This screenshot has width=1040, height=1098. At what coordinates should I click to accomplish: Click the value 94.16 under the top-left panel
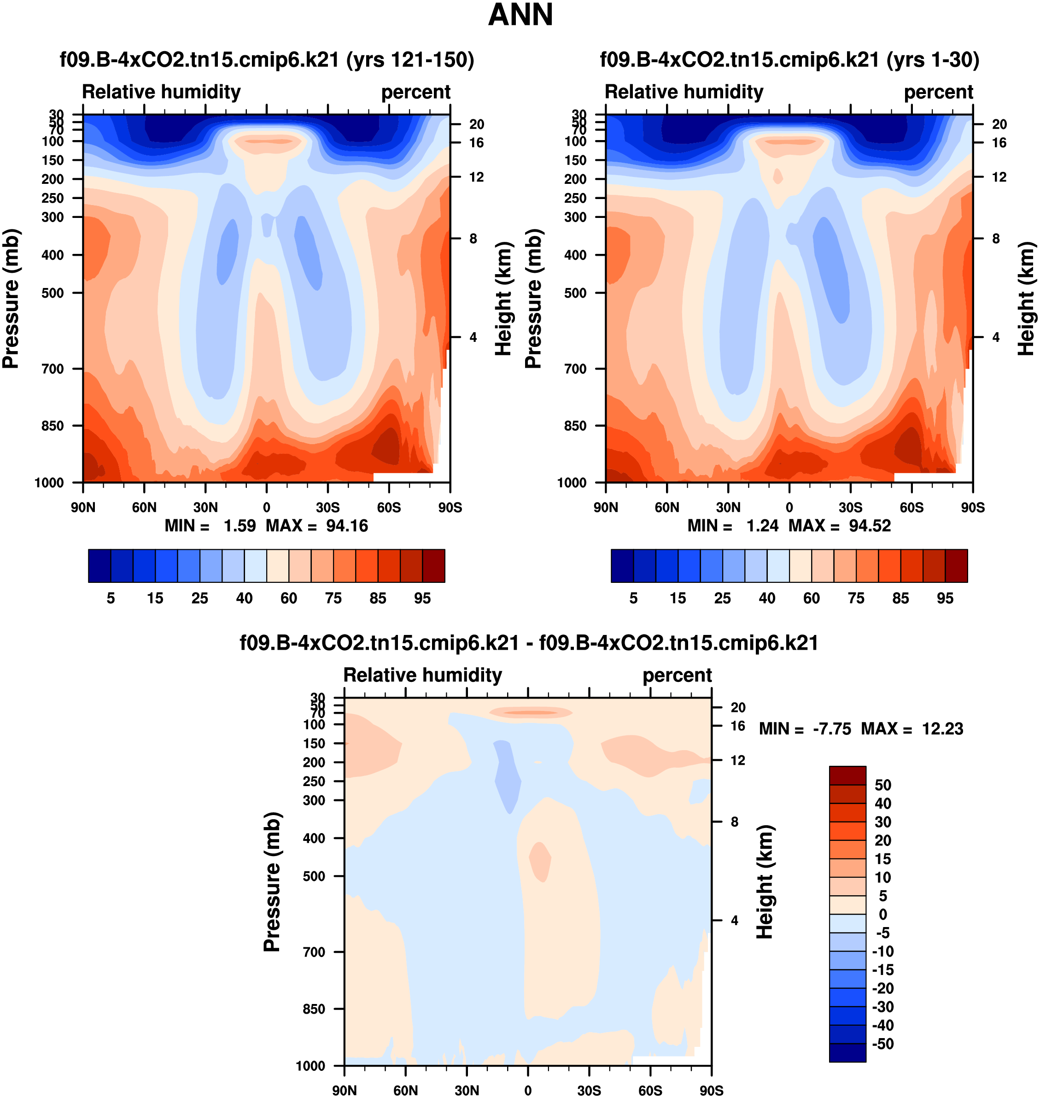(346, 526)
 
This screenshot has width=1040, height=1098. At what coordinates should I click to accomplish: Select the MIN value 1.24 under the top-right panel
(762, 526)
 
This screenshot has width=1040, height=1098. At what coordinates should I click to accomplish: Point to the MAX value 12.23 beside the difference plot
(942, 728)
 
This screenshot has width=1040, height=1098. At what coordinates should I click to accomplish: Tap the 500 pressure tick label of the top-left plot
(53, 293)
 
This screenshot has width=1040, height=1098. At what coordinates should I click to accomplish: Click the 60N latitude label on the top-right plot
(667, 507)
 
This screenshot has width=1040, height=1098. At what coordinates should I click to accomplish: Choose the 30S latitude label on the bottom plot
(589, 1091)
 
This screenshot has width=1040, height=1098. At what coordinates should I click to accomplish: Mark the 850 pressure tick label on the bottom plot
(314, 1009)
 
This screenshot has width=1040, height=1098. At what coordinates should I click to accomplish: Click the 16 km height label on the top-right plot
(999, 143)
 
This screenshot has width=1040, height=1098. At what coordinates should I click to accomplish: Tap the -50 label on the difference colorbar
(883, 1044)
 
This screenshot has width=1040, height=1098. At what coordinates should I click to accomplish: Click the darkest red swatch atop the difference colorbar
(847, 775)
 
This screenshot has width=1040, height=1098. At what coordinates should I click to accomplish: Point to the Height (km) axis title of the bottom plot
(765, 882)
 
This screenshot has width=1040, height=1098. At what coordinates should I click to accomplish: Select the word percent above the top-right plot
(939, 92)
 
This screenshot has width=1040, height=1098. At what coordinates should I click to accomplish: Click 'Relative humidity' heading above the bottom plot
(422, 675)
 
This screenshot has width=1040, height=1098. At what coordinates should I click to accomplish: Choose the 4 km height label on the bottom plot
(735, 921)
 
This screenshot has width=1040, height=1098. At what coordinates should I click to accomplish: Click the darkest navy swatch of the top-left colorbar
(100, 566)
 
